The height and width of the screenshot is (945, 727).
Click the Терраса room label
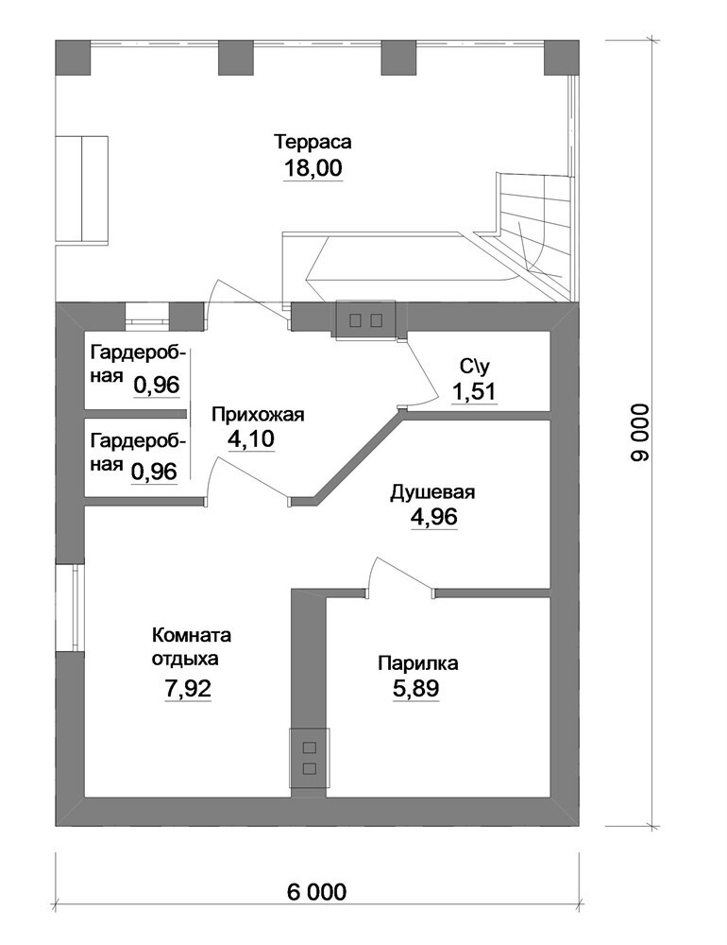[313, 143]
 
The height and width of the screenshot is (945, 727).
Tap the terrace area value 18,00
[313, 168]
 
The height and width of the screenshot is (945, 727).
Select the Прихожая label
[258, 415]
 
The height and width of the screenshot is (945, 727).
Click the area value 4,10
[250, 438]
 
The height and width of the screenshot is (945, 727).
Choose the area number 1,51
[474, 392]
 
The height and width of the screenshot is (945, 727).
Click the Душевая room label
[432, 491]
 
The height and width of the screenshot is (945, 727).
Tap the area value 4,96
[434, 517]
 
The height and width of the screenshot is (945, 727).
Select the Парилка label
[418, 663]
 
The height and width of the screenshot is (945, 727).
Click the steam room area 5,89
[415, 688]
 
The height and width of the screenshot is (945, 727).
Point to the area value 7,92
[188, 688]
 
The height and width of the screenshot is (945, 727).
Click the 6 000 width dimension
[317, 892]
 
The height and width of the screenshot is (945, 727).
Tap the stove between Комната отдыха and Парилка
[310, 758]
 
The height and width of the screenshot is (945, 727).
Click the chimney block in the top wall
[366, 320]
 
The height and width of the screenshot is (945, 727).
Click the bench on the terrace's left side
[81, 189]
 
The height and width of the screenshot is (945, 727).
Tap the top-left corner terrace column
[73, 58]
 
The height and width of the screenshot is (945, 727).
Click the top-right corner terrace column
[562, 58]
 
